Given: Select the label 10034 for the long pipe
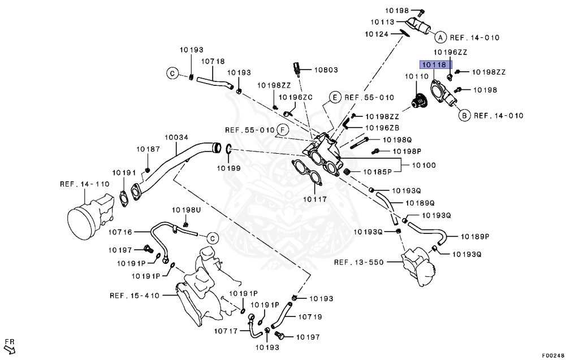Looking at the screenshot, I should (176, 137).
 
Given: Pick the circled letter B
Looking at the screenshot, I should (463, 116).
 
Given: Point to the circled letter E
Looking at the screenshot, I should (334, 97).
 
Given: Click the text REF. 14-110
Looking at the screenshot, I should (84, 184).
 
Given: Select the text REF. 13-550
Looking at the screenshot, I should (358, 262).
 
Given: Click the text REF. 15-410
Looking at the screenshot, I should (135, 296).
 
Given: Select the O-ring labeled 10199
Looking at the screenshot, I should (228, 150).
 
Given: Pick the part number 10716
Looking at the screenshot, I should (120, 232).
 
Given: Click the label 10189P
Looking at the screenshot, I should (475, 236).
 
